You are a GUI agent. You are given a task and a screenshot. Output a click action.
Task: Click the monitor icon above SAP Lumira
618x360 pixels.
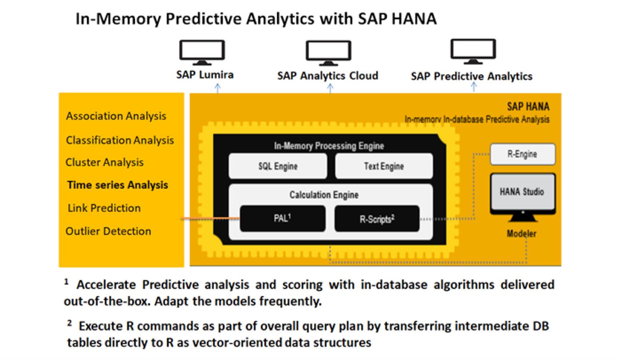(202, 52)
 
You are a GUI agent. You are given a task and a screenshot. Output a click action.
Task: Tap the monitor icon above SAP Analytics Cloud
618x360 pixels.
(328, 53)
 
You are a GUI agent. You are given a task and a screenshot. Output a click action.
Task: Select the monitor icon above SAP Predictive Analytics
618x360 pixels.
(473, 52)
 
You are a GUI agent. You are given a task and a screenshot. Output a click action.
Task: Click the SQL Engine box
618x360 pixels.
(278, 166)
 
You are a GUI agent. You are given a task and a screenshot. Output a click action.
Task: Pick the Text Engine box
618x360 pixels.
(384, 166)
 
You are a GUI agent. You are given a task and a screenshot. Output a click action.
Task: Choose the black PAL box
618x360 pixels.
(282, 218)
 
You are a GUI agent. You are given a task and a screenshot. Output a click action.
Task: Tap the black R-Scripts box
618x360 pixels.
(377, 218)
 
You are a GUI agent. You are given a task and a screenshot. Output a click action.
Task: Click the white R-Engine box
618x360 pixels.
(522, 154)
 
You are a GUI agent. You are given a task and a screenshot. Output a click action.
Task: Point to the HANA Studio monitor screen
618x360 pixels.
(522, 192)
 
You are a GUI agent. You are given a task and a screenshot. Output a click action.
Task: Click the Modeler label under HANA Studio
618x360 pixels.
(522, 234)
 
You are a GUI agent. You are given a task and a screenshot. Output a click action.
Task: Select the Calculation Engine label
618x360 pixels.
(324, 195)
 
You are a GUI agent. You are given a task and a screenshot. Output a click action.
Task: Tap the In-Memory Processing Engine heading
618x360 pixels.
(329, 146)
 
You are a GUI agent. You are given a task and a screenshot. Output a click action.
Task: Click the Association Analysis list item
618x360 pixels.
(116, 116)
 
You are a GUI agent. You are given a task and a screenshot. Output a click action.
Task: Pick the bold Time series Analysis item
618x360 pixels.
(118, 185)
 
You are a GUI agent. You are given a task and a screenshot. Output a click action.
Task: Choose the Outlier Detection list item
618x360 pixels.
(108, 231)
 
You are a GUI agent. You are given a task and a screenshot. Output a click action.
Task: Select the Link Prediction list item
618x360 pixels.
(104, 208)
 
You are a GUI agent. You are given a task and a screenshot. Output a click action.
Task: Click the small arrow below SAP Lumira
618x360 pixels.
(218, 88)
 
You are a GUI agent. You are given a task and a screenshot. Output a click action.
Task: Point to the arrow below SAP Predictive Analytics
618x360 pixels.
(474, 87)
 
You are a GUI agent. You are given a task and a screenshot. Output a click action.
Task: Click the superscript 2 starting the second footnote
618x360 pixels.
(70, 322)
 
